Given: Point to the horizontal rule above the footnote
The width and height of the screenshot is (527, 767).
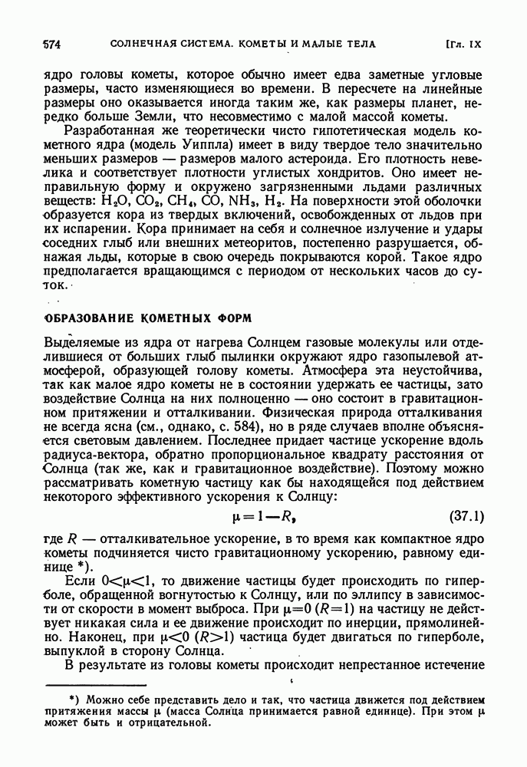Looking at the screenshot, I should pos(97,682).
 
